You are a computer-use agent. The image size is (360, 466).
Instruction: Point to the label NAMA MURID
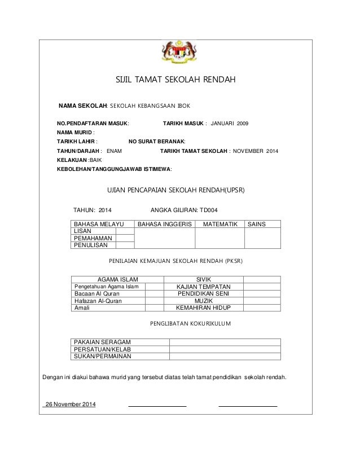point(76,132)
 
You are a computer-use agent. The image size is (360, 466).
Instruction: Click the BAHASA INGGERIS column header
point(165,224)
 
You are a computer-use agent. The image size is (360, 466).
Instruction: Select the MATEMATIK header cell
point(219,224)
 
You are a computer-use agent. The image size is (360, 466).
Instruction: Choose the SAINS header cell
point(256,224)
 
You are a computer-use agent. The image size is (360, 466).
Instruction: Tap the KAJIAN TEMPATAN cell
point(203,287)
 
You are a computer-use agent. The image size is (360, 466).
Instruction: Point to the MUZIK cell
point(203,301)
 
